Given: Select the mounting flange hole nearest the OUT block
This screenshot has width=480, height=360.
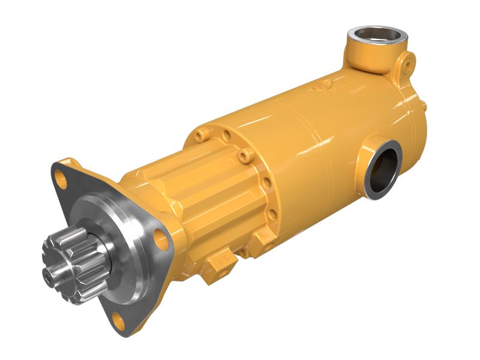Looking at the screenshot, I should coord(160,238).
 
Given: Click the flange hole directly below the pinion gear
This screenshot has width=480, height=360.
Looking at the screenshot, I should coord(120,323).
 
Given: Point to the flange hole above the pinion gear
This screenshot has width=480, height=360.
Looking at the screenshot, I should coord(61,176).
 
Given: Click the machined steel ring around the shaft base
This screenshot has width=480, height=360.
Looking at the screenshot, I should coord(114,240).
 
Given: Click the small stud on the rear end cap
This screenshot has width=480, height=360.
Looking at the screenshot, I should coord(423,106).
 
